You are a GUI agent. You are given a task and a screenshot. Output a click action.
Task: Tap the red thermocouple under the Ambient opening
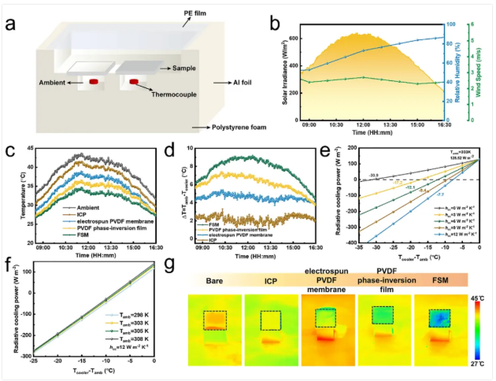93,81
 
